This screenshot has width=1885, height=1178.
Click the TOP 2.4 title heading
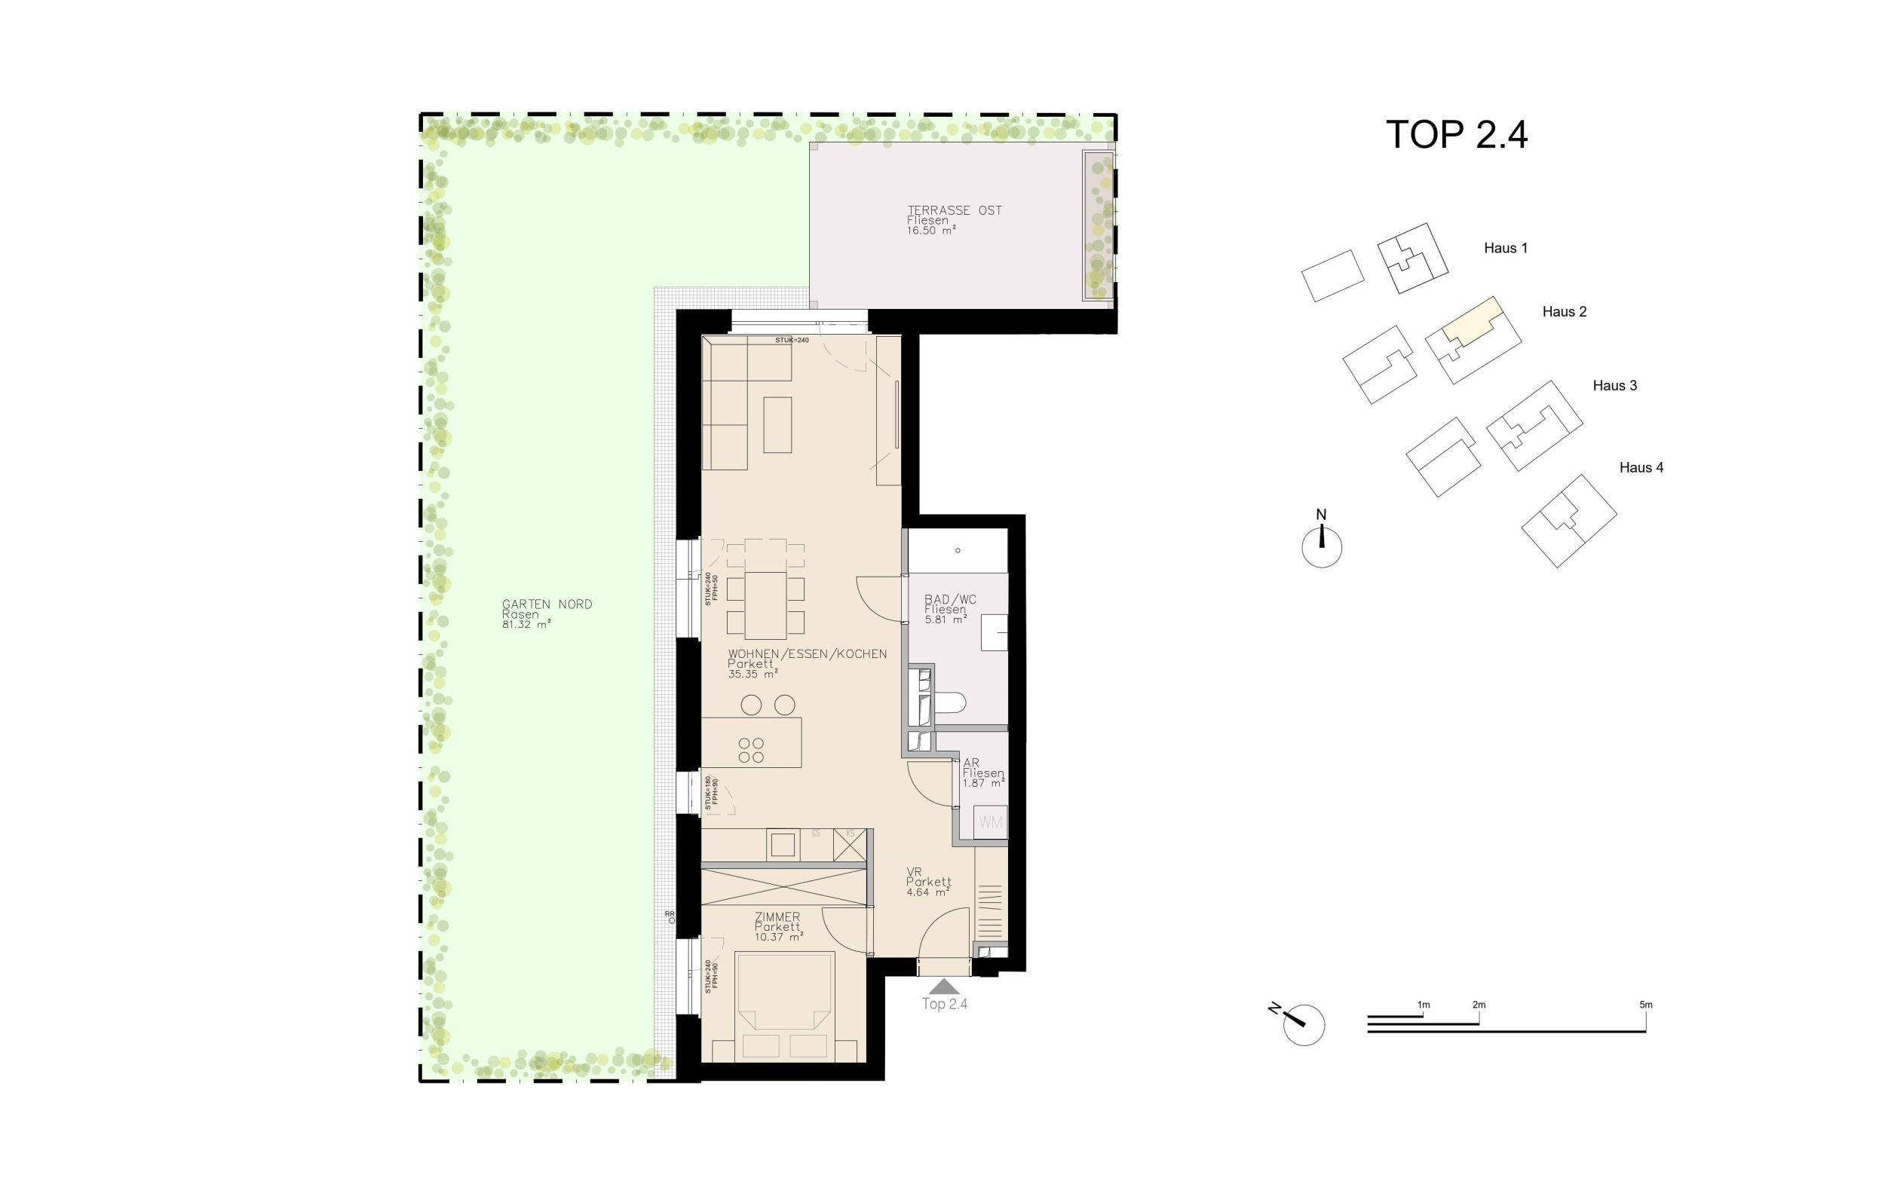click(1456, 135)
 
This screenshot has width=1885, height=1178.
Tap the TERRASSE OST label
click(954, 210)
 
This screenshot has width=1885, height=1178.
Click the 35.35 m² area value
click(752, 674)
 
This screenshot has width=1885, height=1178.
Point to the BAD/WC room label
click(949, 599)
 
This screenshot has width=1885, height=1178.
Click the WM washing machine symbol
click(991, 823)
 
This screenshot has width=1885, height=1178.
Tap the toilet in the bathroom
click(949, 702)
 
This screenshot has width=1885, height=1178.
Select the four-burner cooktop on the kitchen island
click(751, 750)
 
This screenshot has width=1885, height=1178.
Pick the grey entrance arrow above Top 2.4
click(944, 987)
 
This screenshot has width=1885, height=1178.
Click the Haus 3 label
click(1614, 386)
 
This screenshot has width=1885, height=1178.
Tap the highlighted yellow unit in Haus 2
click(1470, 321)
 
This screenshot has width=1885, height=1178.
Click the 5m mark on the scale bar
click(1645, 1005)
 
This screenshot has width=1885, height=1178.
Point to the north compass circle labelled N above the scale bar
click(1321, 547)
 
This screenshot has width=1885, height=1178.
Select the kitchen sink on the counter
click(783, 846)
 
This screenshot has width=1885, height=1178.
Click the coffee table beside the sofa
click(777, 424)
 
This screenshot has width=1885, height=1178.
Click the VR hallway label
click(913, 872)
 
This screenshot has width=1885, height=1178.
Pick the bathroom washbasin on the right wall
click(994, 632)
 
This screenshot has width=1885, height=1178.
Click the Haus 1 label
click(1505, 249)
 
